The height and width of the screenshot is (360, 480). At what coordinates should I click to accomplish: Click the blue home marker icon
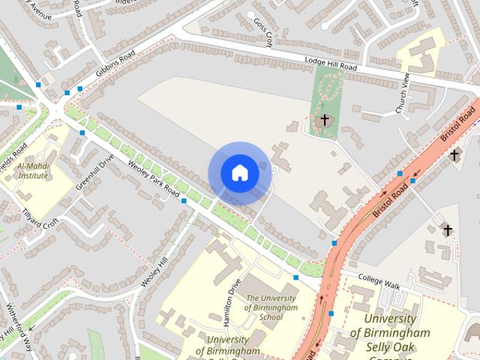pos(239,172)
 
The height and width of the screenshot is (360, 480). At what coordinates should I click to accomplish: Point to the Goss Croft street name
pos(262,32)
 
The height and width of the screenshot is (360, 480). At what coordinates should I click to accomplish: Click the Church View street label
pos(403,94)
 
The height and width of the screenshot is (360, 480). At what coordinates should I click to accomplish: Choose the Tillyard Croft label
pos(39,219)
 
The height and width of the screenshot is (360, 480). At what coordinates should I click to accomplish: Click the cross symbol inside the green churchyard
pos(325,119)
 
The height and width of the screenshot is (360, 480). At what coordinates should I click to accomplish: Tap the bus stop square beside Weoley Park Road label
pos(184,201)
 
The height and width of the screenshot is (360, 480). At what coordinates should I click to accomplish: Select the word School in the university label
pos(270,317)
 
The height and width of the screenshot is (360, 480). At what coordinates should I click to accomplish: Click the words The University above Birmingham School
pos(271,298)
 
